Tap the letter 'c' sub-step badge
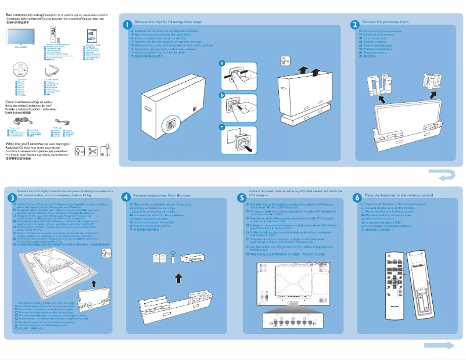coord(221,127)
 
